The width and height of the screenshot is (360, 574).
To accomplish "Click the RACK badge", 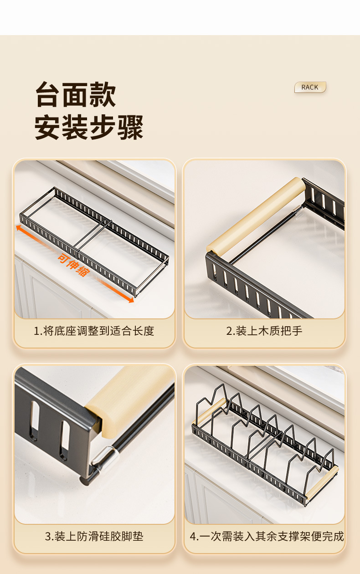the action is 310,87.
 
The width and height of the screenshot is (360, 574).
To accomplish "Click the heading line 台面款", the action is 76,95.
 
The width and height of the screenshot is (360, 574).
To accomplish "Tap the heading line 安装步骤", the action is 89,128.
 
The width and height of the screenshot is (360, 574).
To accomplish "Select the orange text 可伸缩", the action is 73,265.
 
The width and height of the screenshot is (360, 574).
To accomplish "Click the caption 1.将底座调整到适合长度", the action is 94,331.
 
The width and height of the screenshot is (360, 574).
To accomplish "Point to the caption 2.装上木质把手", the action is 264,331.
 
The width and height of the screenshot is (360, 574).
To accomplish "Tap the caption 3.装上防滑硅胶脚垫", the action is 94,536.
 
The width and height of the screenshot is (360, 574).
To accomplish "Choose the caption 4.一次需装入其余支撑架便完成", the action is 267,536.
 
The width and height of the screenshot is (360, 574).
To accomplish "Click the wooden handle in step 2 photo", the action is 257,215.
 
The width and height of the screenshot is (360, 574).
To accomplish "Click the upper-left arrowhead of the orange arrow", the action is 20,228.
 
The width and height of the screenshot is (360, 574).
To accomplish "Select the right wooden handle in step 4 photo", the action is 322,482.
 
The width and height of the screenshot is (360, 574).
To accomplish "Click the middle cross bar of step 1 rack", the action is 93,235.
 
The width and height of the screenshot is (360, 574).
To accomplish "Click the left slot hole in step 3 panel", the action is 35,420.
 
